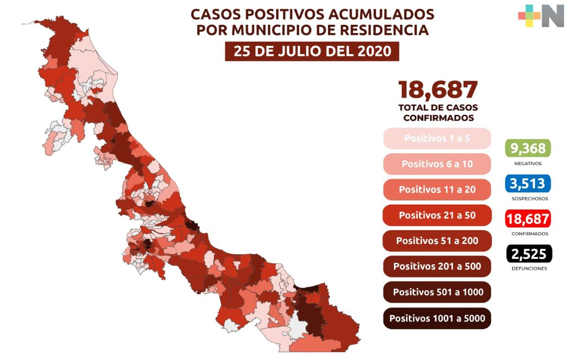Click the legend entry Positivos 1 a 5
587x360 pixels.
point(437,138)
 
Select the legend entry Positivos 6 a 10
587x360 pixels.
point(437,164)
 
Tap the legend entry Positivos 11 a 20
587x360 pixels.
point(437,189)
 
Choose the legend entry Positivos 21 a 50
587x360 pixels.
point(437,215)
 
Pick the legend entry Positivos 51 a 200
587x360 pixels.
point(437,241)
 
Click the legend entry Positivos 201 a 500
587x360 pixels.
point(437,266)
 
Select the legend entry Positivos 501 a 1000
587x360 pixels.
point(437,292)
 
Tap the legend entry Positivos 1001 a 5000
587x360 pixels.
point(437,318)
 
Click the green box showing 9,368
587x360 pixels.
point(528,148)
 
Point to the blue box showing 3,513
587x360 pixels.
point(528,183)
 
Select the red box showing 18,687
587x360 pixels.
point(528,219)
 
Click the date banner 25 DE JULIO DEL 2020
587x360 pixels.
point(312,51)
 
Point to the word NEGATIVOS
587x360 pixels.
point(528,164)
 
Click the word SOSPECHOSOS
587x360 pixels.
point(530,199)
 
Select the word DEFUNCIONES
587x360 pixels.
point(529,269)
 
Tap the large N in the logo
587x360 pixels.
point(553,16)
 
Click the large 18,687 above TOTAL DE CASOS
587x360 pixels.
point(438,90)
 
